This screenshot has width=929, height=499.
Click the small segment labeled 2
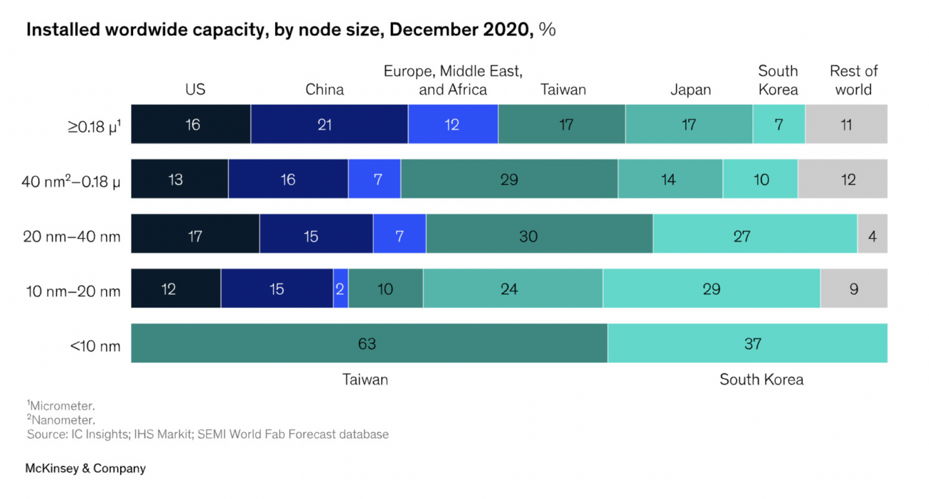point(341,289)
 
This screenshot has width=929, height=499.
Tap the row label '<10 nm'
point(95,346)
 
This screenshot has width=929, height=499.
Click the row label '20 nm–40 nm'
point(71,237)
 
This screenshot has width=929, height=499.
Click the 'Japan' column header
point(690,90)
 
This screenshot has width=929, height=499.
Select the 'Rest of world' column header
point(853,80)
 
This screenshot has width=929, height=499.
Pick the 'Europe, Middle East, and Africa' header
point(453,80)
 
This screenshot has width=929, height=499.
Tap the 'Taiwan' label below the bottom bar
point(365,380)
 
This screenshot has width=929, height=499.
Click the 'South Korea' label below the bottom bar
point(761,380)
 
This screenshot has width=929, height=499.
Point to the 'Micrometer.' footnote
point(62,406)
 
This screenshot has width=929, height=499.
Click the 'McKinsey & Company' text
point(85,468)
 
